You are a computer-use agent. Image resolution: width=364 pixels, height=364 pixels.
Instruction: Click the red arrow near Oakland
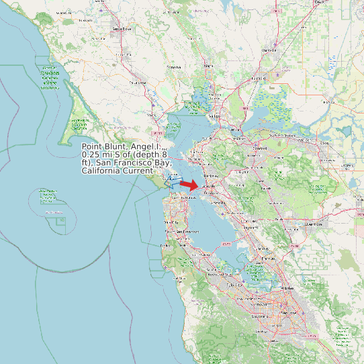189,185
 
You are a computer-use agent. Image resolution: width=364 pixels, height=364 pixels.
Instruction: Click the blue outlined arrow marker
174,182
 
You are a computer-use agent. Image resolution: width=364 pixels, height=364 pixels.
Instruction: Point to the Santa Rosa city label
122,29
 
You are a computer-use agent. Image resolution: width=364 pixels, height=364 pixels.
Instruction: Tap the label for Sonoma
174,68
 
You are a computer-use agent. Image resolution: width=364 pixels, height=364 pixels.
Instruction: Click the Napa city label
208,66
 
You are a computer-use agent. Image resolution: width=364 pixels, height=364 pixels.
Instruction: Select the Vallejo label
214,116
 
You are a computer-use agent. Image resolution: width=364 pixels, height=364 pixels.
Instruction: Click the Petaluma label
138,82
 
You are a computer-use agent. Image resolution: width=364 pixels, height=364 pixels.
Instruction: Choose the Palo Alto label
235,285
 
